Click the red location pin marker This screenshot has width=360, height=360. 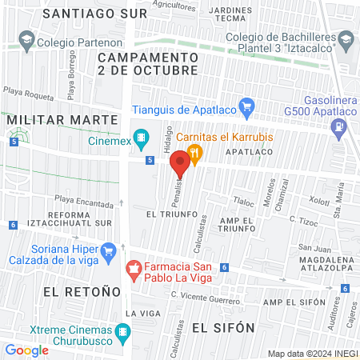(x=180, y=163)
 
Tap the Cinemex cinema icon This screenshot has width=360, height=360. (x=142, y=138)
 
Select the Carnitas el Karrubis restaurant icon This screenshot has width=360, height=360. (x=194, y=151)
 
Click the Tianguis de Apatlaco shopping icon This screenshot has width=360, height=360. (x=246, y=106)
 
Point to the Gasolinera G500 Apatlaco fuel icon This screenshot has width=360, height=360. (x=342, y=125)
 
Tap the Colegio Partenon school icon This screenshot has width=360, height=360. (x=26, y=39)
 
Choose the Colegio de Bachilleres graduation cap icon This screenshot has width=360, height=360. (x=346, y=39)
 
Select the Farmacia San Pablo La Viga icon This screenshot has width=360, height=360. (x=134, y=267)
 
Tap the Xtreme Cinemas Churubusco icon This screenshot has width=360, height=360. (x=122, y=330)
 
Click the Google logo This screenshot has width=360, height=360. (x=26, y=350)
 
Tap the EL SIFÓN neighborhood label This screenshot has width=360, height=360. (x=223, y=327)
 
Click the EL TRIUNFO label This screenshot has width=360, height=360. (x=166, y=215)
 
